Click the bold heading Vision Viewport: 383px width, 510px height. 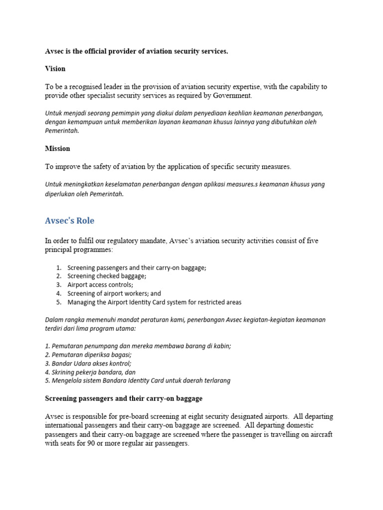55,69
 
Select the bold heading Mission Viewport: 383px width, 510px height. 57,148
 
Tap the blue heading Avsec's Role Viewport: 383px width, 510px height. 69,221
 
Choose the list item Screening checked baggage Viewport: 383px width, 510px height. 107,276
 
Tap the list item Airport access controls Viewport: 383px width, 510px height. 100,285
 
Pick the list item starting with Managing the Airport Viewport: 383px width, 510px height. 154,302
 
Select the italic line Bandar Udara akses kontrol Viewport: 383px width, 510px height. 88,364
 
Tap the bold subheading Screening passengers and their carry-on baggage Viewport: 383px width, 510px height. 124,399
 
